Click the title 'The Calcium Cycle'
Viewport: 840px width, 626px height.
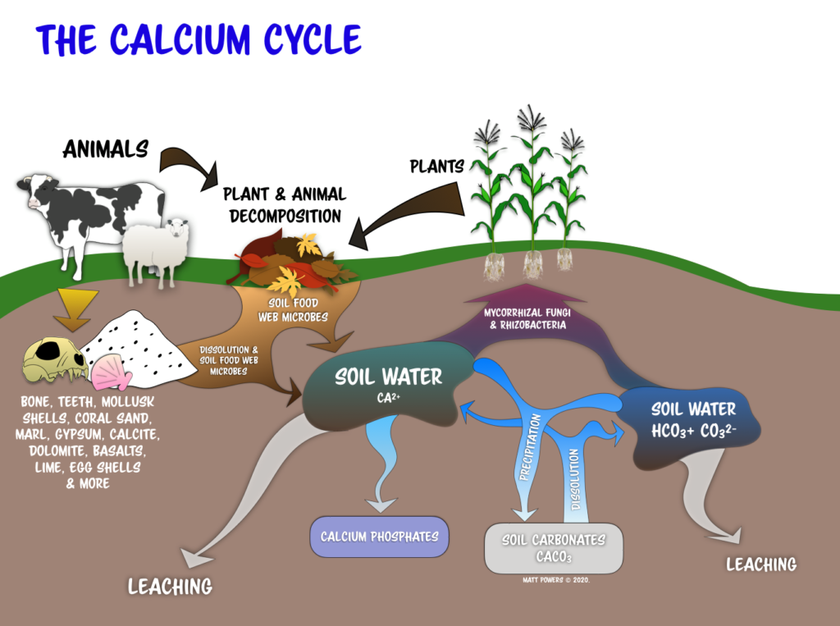click(x=198, y=40)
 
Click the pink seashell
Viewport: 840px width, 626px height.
click(x=111, y=373)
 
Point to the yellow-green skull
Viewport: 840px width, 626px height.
click(x=53, y=362)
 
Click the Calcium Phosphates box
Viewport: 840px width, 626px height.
click(x=379, y=537)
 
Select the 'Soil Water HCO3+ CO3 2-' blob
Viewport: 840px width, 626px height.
click(x=693, y=418)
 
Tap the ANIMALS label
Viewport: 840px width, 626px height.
click(x=106, y=149)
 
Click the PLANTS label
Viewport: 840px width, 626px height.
click(x=436, y=167)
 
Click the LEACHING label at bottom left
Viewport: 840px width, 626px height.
click(x=170, y=586)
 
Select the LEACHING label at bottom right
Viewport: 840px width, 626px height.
click(x=761, y=564)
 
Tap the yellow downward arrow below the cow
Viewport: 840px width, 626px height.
click(x=78, y=308)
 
